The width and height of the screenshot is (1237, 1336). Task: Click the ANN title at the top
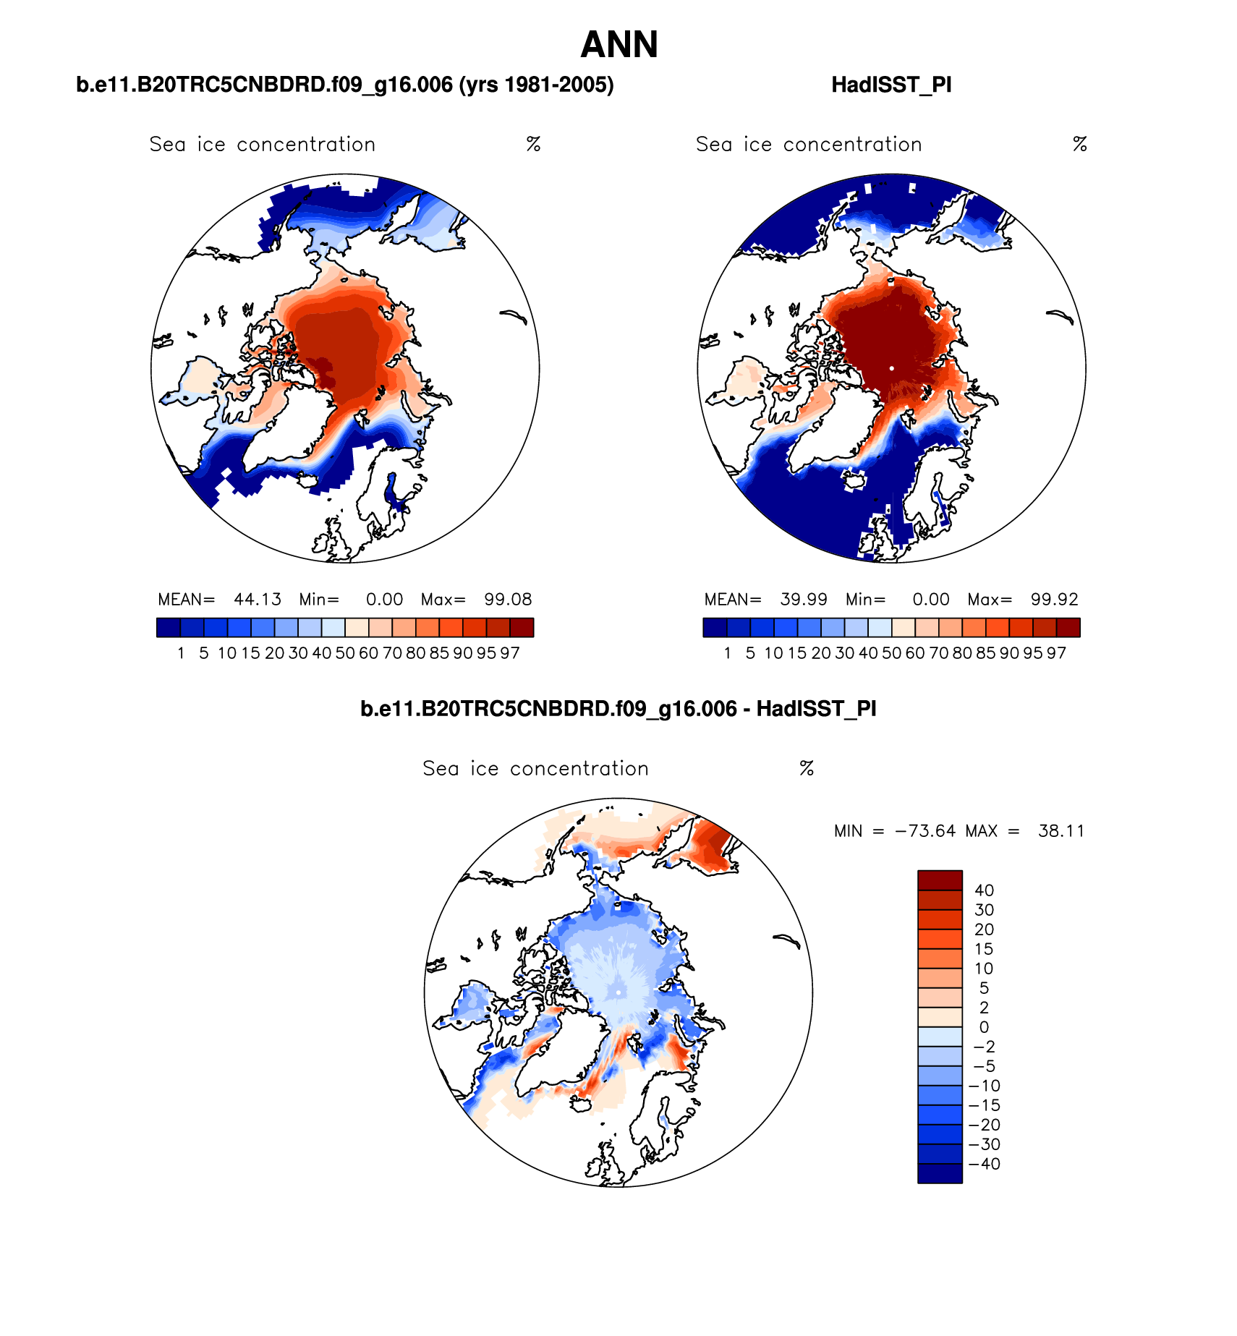[x=619, y=45]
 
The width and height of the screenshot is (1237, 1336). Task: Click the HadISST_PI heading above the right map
[x=891, y=85]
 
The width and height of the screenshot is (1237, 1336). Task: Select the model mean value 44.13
[x=258, y=600]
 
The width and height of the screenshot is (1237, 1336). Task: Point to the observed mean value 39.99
[x=804, y=600]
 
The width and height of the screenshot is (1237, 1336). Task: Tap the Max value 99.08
[x=508, y=600]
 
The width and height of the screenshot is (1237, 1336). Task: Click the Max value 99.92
[x=1054, y=600]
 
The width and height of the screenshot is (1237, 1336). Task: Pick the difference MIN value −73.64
[x=925, y=831]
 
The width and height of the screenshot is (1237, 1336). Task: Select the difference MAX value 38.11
[x=1061, y=831]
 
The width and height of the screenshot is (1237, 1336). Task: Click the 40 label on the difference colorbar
[x=984, y=890]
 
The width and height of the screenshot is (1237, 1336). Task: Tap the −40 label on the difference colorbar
[x=984, y=1164]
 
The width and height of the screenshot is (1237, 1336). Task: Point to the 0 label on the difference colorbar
[x=984, y=1027]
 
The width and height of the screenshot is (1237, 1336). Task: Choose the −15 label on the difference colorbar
[x=984, y=1105]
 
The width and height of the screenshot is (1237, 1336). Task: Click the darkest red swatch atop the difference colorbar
[x=940, y=880]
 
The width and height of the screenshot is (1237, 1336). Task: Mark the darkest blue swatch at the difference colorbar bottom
[x=940, y=1173]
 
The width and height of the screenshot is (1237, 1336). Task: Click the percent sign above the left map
[x=533, y=145]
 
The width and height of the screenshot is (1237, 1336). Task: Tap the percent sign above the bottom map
[x=807, y=769]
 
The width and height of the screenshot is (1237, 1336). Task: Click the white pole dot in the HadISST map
[x=892, y=368]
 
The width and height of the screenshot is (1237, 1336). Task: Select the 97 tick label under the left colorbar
[x=510, y=653]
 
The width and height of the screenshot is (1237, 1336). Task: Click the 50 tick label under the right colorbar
[x=891, y=653]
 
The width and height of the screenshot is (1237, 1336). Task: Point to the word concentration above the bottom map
[x=579, y=769]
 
